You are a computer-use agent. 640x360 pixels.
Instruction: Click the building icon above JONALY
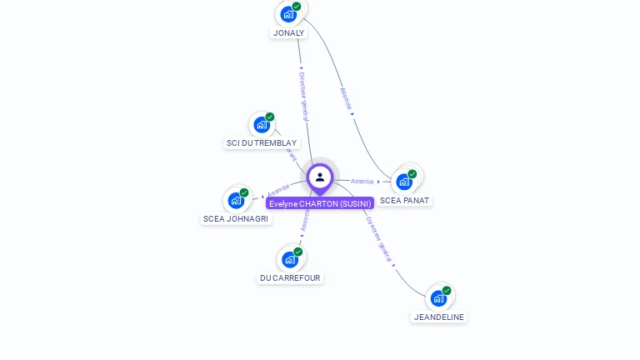coord(288,13)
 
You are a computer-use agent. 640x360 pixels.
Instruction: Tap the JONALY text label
coord(288,33)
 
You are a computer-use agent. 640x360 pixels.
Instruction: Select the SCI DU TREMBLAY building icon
coord(262,125)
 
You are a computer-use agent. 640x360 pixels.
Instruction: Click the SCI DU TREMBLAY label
coord(262,143)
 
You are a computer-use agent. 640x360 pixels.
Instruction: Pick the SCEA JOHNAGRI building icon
coord(237,200)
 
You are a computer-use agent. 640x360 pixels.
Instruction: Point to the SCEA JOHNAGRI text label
coord(236,219)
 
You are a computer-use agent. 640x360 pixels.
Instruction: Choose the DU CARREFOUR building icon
coord(290,259)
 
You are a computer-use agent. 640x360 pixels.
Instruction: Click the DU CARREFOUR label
coord(290,278)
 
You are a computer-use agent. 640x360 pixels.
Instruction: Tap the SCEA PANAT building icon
coord(404,181)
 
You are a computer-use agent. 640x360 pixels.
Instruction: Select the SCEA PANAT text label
coord(405,201)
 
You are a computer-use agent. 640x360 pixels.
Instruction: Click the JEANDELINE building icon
coord(438,297)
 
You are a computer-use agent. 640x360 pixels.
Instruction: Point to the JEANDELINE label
coord(439,317)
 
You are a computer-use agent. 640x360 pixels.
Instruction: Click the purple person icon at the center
coord(320,177)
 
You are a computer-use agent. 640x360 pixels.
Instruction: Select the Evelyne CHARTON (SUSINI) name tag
coord(320,203)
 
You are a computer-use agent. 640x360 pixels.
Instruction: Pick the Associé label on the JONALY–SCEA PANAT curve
coord(346,99)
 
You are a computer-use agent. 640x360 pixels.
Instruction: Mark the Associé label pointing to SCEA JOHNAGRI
coord(278,190)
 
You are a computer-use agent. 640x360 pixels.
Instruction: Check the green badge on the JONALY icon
coord(297,7)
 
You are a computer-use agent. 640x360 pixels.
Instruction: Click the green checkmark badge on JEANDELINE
coord(447,291)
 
